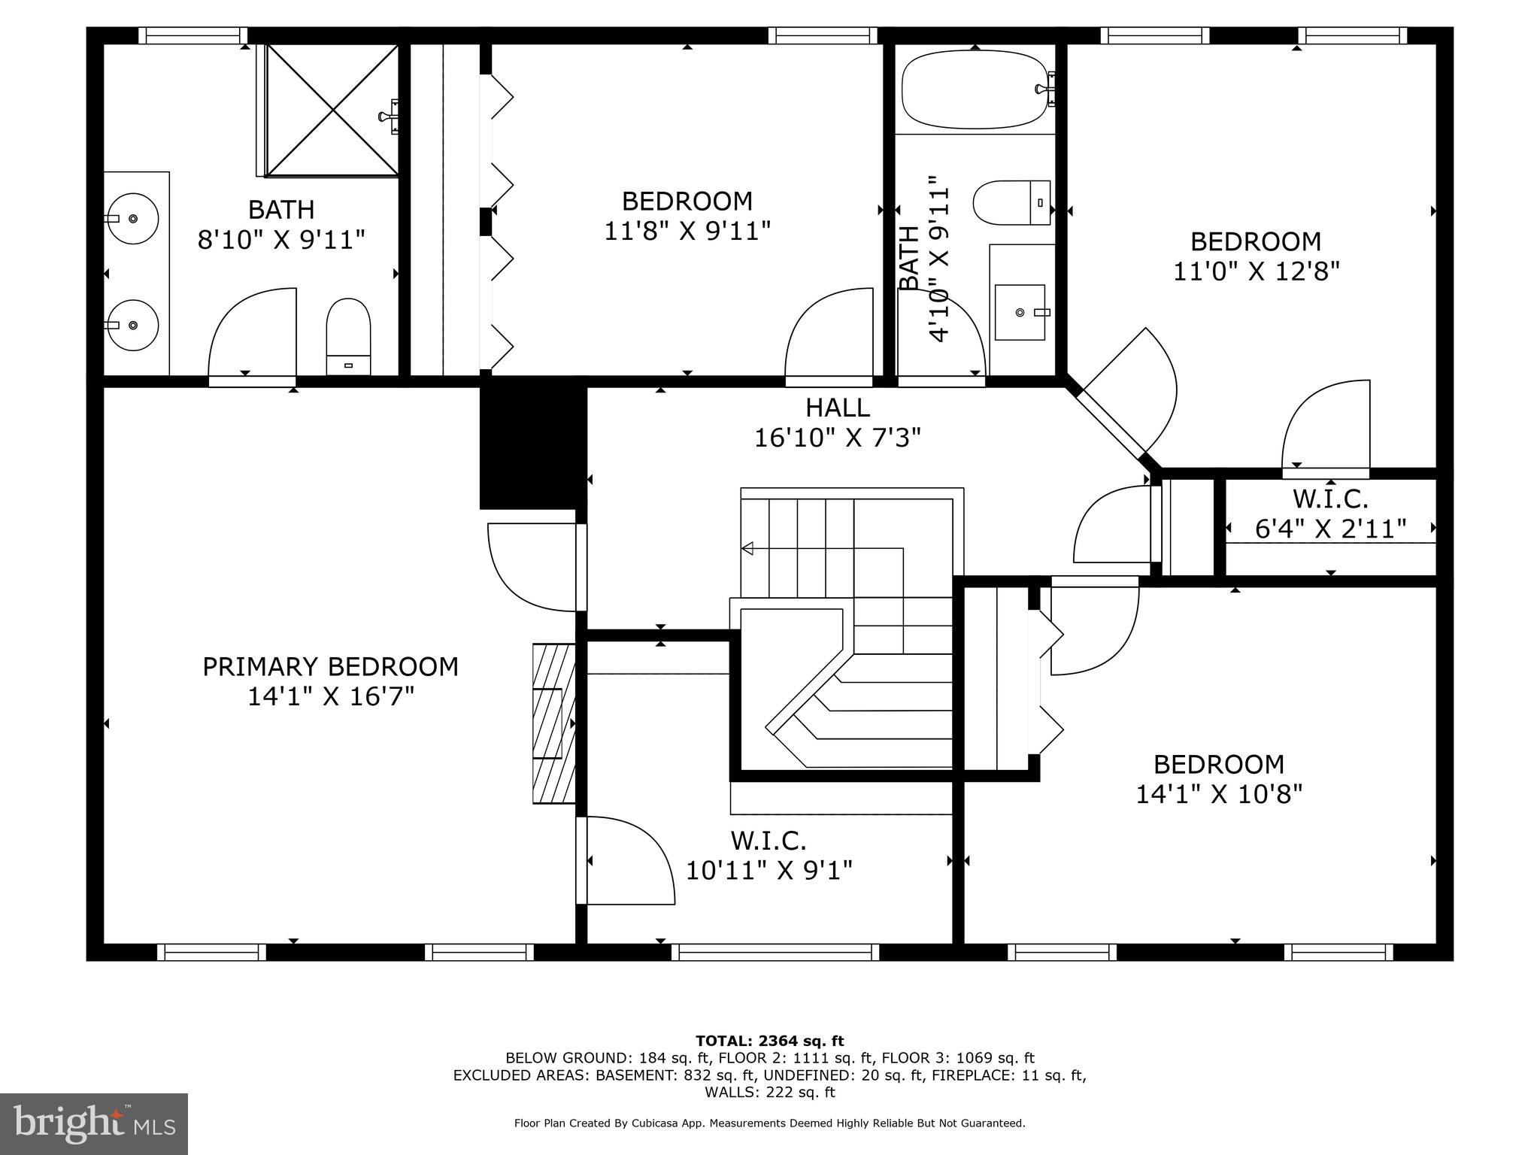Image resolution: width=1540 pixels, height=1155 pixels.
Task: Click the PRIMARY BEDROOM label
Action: (330, 667)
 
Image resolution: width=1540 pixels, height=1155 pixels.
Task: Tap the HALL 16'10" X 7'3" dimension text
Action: (838, 437)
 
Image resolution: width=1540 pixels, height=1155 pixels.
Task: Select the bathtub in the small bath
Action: (975, 89)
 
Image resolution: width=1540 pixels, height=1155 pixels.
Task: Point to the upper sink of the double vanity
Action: (133, 218)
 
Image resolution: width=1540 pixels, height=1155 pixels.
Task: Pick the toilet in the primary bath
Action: (348, 336)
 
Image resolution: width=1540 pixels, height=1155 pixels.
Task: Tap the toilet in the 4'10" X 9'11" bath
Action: (1011, 202)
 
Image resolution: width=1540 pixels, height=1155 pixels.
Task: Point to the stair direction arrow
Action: (747, 549)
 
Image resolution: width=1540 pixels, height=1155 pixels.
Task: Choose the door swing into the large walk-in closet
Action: (628, 860)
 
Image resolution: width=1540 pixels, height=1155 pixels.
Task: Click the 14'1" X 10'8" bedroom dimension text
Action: (1218, 794)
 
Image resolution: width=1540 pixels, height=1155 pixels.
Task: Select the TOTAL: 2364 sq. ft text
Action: (769, 1041)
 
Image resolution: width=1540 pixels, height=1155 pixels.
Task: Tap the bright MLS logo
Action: (94, 1123)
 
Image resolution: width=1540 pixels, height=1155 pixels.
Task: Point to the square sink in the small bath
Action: (1020, 312)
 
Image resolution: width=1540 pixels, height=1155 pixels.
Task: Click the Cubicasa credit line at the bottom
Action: (769, 1123)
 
